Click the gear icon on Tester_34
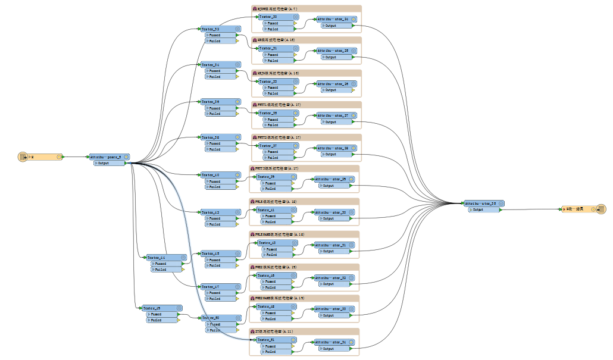pos(237,64)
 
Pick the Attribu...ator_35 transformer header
pos(481,204)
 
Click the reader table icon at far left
pos(24,157)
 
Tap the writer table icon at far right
pos(601,209)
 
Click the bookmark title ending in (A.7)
pos(279,8)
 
